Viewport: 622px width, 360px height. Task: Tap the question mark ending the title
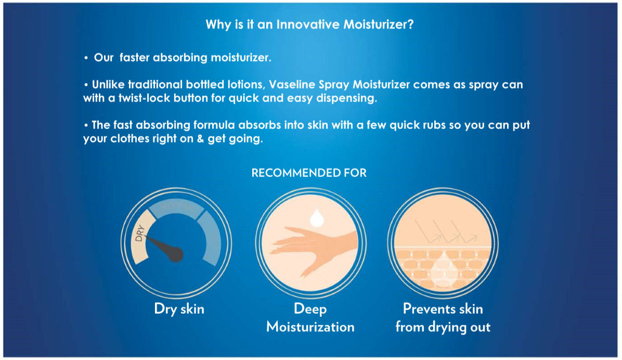coord(410,24)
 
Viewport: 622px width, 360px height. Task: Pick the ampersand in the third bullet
coord(200,139)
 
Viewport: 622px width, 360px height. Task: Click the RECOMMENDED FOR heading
coord(309,173)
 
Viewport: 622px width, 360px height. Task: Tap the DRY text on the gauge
coord(139,233)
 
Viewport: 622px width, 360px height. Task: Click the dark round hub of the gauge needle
coord(175,254)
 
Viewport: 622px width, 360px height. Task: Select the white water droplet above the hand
coord(317,218)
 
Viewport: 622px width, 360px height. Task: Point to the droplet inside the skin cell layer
coord(443,269)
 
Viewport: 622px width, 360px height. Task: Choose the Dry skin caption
coord(179,309)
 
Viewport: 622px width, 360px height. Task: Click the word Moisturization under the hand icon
coord(310,327)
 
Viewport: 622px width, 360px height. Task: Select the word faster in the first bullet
coord(135,58)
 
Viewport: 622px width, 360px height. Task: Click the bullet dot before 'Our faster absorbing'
coord(86,58)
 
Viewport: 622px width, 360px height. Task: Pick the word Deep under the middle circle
coord(310,309)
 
